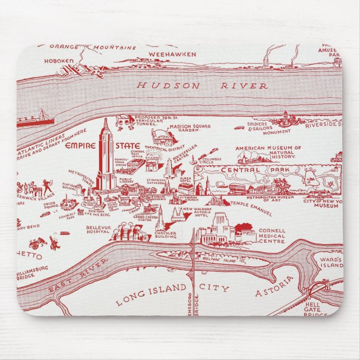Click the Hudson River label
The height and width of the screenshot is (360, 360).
[202, 86]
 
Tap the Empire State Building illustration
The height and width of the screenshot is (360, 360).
[105, 157]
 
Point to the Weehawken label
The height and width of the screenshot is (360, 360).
[172, 54]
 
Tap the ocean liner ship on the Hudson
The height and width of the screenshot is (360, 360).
[37, 119]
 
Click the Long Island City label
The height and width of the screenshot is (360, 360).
[172, 295]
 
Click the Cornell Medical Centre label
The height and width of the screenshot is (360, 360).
[272, 236]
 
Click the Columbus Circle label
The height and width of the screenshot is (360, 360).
[212, 162]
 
